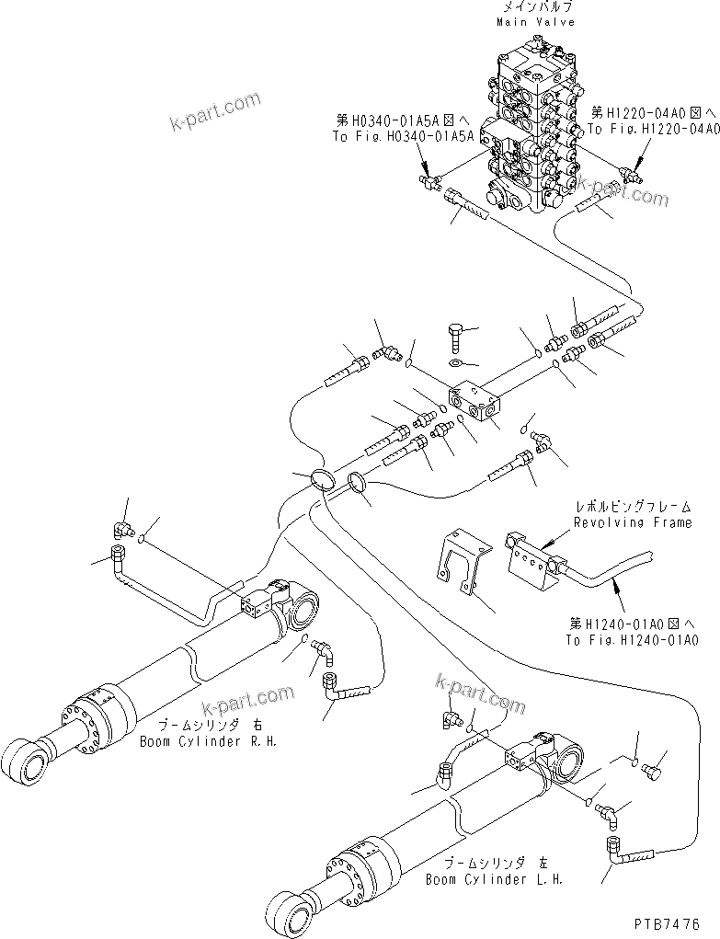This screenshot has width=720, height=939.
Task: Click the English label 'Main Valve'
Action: click(537, 21)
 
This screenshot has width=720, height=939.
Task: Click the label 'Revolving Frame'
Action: click(632, 521)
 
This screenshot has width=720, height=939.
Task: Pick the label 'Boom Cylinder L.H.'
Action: click(493, 878)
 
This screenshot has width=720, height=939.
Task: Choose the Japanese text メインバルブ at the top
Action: click(537, 7)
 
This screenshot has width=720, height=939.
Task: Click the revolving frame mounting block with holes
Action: click(533, 557)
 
